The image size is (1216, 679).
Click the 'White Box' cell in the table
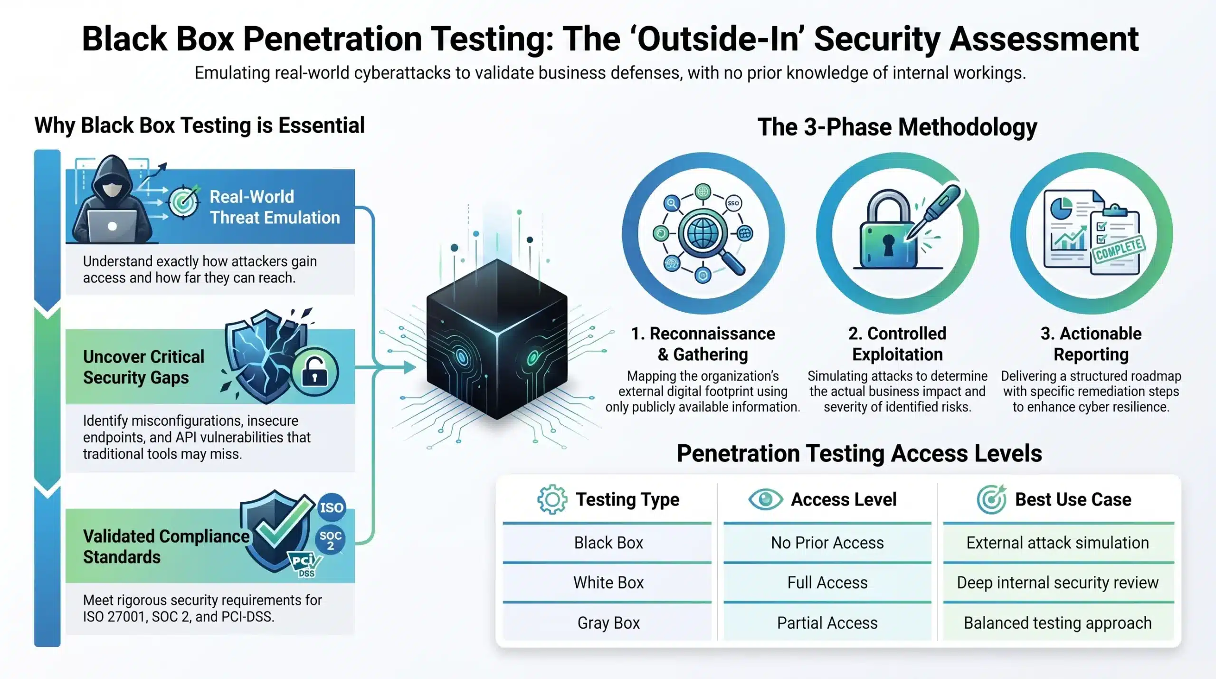pyautogui.click(x=608, y=583)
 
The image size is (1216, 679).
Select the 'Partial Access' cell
pyautogui.click(x=827, y=623)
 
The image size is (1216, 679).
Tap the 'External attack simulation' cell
pyautogui.click(x=1057, y=543)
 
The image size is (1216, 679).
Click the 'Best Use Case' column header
pyautogui.click(x=1073, y=499)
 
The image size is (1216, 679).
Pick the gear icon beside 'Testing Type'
pyautogui.click(x=552, y=499)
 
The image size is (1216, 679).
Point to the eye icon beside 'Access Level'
pyautogui.click(x=765, y=499)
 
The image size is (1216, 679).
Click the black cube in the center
pyautogui.click(x=497, y=339)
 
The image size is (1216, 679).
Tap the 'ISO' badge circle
pyautogui.click(x=331, y=507)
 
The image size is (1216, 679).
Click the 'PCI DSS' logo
pyautogui.click(x=305, y=564)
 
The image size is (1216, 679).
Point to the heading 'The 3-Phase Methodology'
pyautogui.click(x=897, y=127)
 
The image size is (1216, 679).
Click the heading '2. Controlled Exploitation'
pyautogui.click(x=897, y=344)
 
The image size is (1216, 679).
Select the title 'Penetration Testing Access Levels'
pyautogui.click(x=859, y=453)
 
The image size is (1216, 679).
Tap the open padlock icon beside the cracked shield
pyautogui.click(x=314, y=372)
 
